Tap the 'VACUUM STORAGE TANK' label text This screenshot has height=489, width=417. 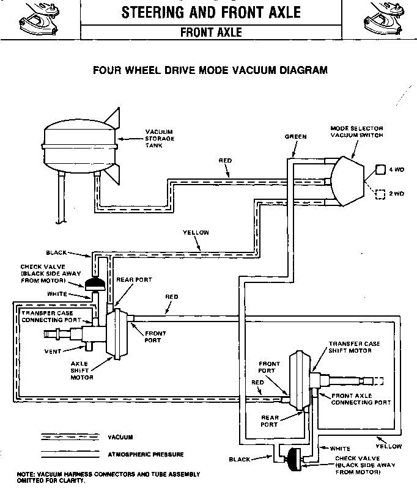pos(159,139)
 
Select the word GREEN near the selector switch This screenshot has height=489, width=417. pos(295,137)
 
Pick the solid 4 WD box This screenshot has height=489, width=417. pos(380,169)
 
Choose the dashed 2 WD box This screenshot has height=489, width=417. pos(380,194)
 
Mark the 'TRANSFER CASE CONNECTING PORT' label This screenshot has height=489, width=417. pos(50,316)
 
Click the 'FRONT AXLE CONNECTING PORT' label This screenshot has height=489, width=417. pos(360,399)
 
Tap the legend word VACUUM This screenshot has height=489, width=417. pos(120,437)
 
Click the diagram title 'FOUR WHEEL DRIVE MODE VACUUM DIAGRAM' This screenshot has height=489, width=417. pos(210,70)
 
